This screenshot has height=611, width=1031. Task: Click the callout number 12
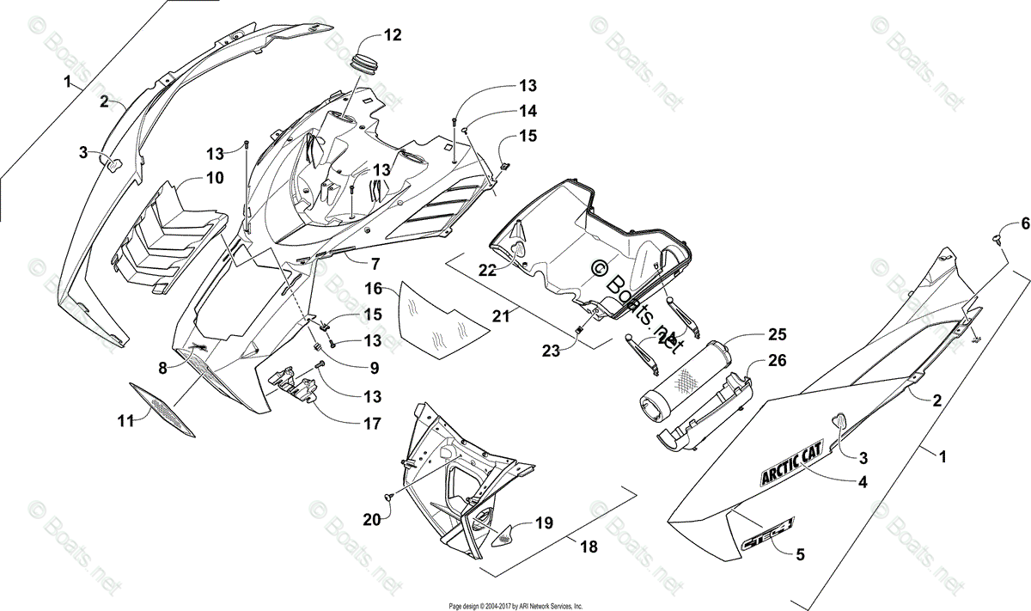[x=392, y=35]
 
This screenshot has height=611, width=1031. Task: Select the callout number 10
[x=214, y=178]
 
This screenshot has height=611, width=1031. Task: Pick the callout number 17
[x=372, y=423]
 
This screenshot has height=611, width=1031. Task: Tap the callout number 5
[x=800, y=554]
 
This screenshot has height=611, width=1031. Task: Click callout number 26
[x=777, y=361]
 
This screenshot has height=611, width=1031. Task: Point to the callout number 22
[x=488, y=270]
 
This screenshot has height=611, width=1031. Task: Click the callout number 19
[x=544, y=522]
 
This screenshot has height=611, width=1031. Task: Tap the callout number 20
[x=370, y=519]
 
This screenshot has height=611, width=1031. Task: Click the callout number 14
[x=527, y=111]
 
